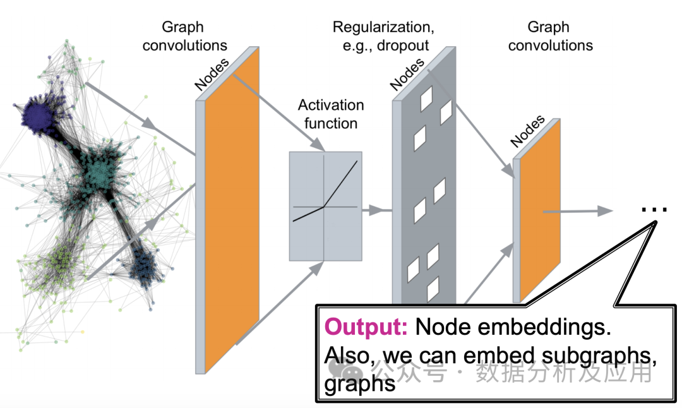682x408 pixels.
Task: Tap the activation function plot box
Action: coord(325,206)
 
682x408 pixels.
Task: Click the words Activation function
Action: coord(331,114)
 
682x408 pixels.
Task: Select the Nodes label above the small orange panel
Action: coord(528,131)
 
